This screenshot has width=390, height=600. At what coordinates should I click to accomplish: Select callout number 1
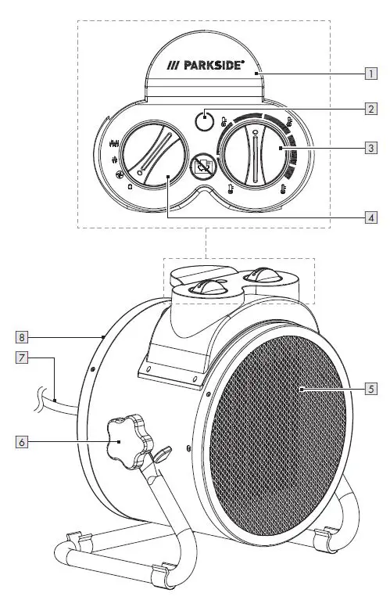tap(370, 75)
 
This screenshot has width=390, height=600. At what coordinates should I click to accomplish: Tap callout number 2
tap(370, 109)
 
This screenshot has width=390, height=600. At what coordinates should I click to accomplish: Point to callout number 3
tap(370, 146)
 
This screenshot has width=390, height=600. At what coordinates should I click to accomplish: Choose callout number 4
tap(370, 217)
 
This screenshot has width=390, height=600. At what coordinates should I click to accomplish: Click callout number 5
tap(370, 388)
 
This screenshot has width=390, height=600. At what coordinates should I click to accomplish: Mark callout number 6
tap(24, 441)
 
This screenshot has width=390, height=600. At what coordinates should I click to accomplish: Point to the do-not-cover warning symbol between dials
tap(205, 166)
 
